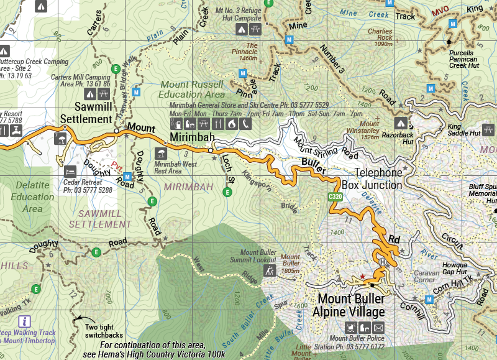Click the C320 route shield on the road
coord(335,197)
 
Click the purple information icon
coord(24,321)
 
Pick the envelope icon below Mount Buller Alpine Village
coord(379,327)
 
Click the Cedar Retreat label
coord(88,186)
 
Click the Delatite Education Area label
coord(32,197)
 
